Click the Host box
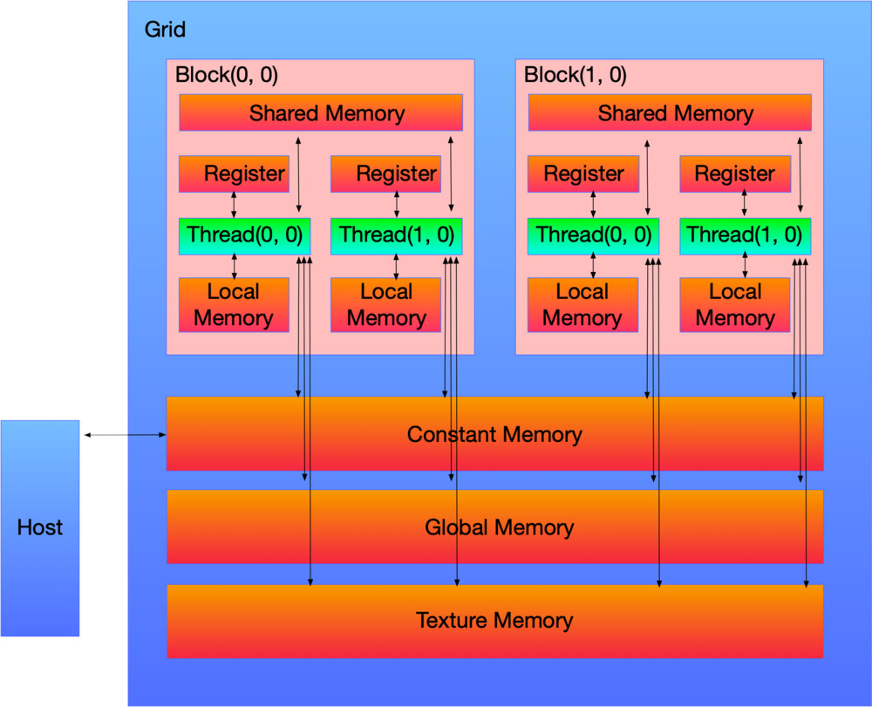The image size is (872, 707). (x=40, y=527)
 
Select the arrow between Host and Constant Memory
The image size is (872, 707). (x=123, y=434)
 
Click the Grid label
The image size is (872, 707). (x=165, y=30)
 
